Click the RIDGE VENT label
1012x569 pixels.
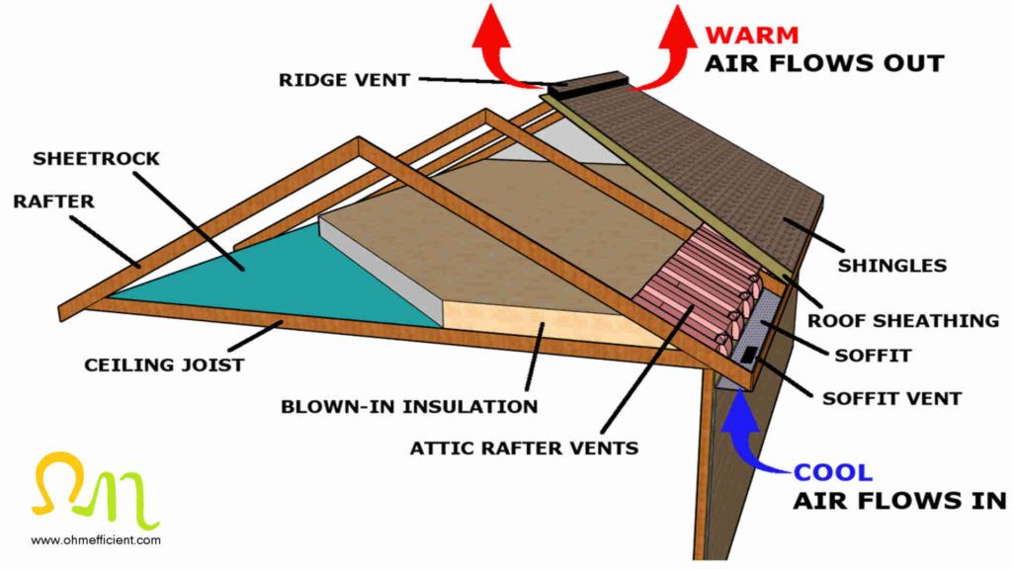344,80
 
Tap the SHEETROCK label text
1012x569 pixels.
96,158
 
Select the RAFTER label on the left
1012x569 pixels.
53,202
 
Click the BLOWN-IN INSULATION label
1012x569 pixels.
409,406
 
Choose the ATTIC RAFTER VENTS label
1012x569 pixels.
524,447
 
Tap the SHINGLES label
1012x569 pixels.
892,265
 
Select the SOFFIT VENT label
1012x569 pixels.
891,399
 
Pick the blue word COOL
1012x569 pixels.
834,472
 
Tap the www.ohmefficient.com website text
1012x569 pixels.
95,540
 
